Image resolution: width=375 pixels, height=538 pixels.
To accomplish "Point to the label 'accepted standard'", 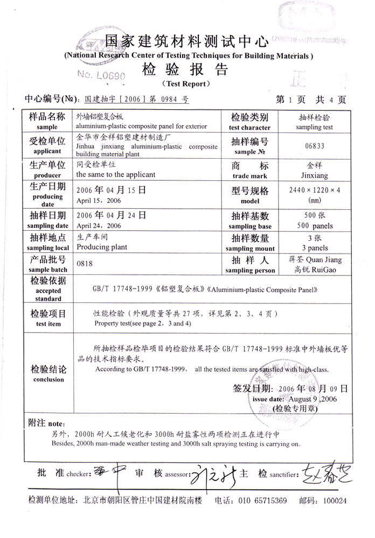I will [48, 294].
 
